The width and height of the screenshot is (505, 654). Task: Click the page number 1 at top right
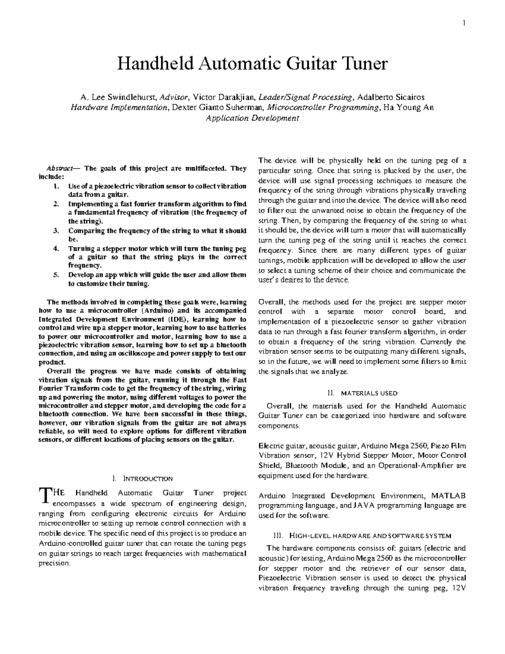pos(464,23)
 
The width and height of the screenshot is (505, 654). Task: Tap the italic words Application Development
pos(252,118)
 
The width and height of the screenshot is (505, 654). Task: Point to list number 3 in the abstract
pos(56,231)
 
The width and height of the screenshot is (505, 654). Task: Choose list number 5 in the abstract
pos(56,275)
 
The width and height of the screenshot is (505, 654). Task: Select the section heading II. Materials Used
pos(361,393)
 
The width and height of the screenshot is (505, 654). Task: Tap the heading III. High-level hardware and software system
pos(362,536)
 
